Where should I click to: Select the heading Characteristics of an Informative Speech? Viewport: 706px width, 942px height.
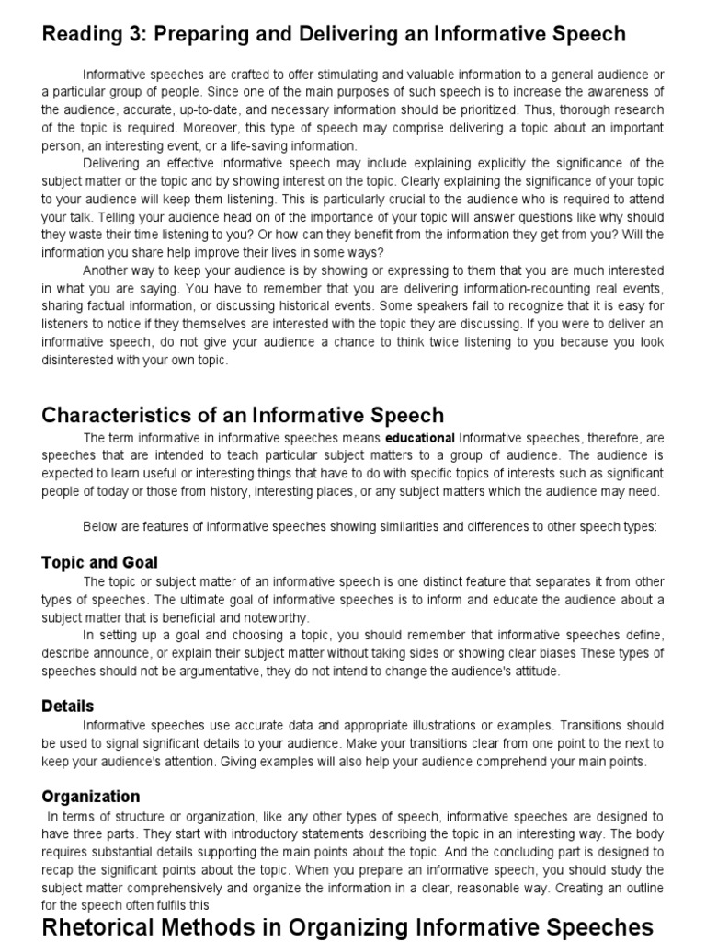[243, 415]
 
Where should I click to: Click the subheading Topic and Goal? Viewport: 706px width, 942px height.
[100, 562]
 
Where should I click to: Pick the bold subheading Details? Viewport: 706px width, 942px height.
[68, 706]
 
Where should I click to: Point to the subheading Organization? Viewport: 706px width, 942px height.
[91, 797]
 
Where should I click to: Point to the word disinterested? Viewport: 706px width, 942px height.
[84, 360]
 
